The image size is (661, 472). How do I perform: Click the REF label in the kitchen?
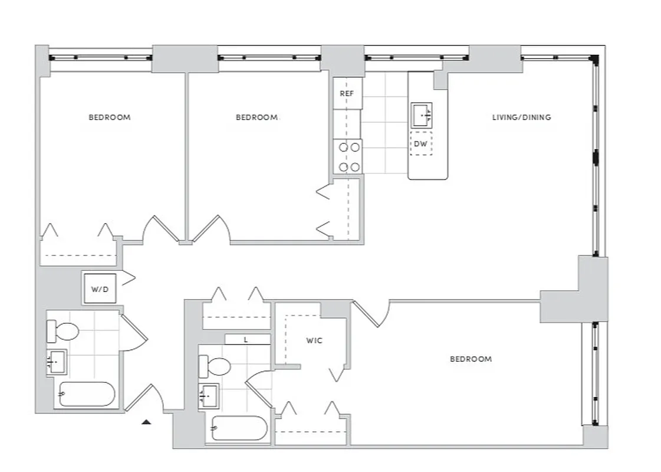(347, 93)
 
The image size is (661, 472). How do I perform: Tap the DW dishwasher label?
(420, 144)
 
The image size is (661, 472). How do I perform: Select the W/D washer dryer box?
(100, 289)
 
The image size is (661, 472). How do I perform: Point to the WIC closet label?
(314, 341)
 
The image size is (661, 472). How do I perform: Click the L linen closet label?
(245, 340)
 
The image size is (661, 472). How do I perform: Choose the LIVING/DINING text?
(521, 117)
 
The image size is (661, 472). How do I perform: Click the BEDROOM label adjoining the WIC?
(471, 359)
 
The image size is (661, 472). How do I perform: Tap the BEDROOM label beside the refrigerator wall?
(256, 117)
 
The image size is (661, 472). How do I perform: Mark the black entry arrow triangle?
(147, 421)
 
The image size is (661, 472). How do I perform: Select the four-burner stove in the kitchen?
(347, 157)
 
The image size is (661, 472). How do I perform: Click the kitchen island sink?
(422, 114)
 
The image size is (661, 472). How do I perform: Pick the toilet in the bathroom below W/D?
(63, 331)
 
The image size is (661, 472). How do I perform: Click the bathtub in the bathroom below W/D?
(87, 394)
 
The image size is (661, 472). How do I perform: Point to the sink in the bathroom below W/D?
(57, 361)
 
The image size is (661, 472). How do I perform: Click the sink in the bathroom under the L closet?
(209, 395)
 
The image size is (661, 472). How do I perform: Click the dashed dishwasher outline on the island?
(420, 143)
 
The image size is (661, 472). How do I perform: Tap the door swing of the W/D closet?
(128, 278)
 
